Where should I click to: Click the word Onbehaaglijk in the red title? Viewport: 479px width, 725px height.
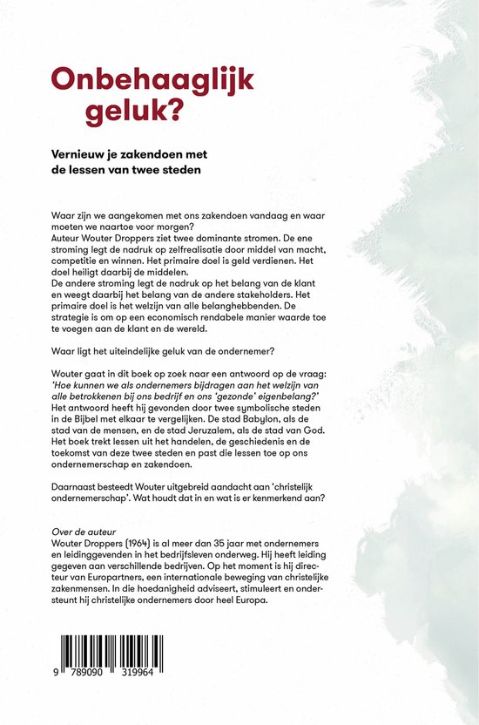click(152, 80)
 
